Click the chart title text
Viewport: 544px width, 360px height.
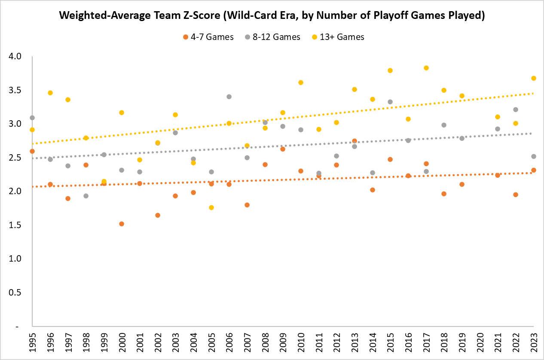[x=272, y=16]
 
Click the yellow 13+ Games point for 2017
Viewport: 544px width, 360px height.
[x=426, y=68]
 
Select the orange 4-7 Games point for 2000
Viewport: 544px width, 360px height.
[x=122, y=224]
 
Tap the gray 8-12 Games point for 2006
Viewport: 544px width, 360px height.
[x=229, y=97]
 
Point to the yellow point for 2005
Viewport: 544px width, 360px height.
[x=211, y=207]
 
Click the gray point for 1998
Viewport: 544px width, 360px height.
[x=86, y=196]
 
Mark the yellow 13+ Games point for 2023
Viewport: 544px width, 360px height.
[x=534, y=78]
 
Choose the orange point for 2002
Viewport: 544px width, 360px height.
[x=158, y=215]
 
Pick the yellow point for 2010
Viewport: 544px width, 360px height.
[x=301, y=82]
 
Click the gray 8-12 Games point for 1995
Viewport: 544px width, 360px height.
[x=32, y=118]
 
